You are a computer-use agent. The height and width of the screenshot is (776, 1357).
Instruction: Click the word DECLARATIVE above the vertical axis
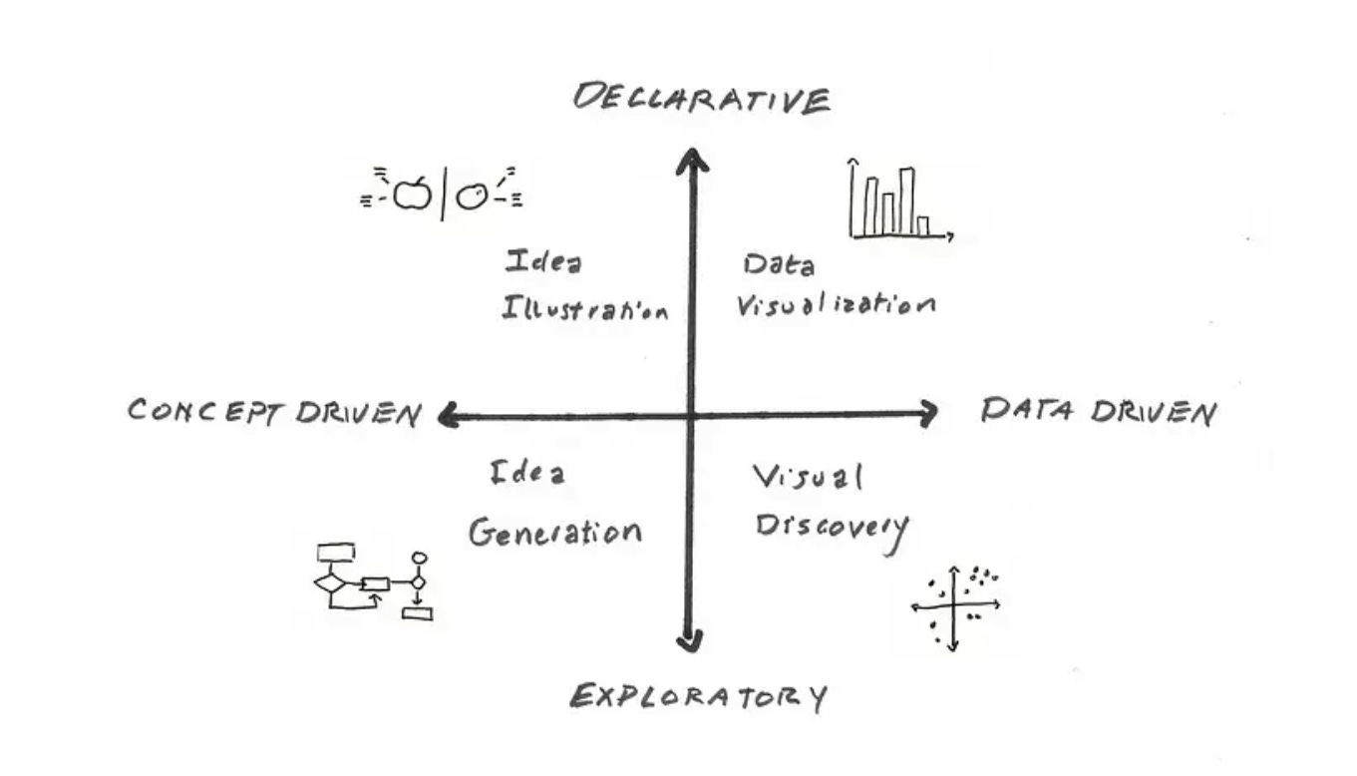[701, 100]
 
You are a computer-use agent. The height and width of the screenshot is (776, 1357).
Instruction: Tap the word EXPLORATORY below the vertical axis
[698, 696]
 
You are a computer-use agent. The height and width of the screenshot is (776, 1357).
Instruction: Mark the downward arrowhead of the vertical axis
[688, 641]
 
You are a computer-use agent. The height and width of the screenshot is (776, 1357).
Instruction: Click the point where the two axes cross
[690, 414]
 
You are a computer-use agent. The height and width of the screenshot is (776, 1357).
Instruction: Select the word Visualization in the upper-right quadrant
[836, 305]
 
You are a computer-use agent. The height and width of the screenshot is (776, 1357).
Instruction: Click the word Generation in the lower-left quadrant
[555, 532]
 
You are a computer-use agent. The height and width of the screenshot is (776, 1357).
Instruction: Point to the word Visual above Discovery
[807, 480]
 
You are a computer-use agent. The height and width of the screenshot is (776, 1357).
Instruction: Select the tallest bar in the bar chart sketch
[906, 200]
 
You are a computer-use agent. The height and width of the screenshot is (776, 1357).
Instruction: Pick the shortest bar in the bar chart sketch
[923, 225]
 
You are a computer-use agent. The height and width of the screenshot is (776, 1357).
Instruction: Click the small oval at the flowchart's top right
[420, 558]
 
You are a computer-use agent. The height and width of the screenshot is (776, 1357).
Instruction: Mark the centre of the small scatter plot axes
[954, 604]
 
